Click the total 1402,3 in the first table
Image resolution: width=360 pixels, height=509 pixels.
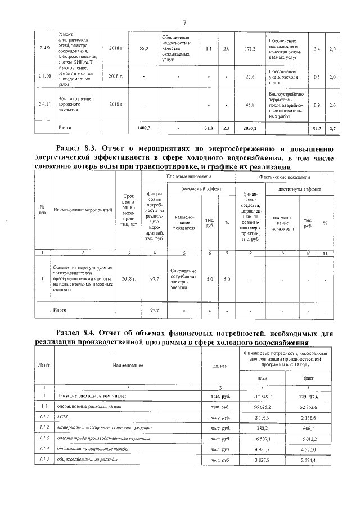point(144,129)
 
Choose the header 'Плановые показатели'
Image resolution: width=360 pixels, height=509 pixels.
point(187,177)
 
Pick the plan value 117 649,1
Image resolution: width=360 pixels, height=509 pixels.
point(262,396)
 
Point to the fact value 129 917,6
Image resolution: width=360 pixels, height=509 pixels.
point(309,396)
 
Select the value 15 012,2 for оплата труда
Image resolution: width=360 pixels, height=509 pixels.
point(309,438)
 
